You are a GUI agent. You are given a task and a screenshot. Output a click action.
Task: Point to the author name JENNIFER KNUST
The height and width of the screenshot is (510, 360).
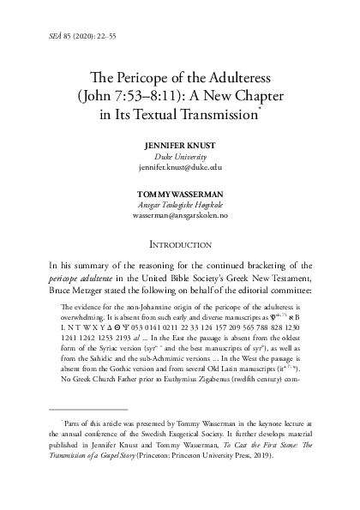click(x=180, y=146)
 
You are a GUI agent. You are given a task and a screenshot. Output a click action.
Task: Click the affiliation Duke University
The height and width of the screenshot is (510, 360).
click(x=180, y=158)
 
